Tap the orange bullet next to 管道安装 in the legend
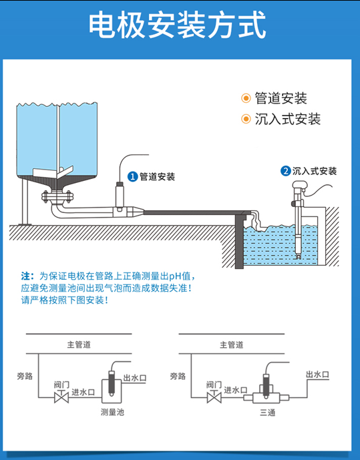click(246, 99)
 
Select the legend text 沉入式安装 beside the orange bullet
click(288, 120)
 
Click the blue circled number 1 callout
click(132, 177)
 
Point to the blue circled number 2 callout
click(285, 171)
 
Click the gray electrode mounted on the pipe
click(120, 194)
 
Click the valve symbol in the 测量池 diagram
click(61, 398)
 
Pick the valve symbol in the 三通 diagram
click(214, 398)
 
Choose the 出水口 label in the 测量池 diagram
click(134, 378)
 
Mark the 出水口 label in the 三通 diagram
click(317, 375)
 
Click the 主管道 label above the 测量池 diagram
click(79, 344)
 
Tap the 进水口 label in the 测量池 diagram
click(83, 391)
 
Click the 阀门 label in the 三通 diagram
click(214, 385)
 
